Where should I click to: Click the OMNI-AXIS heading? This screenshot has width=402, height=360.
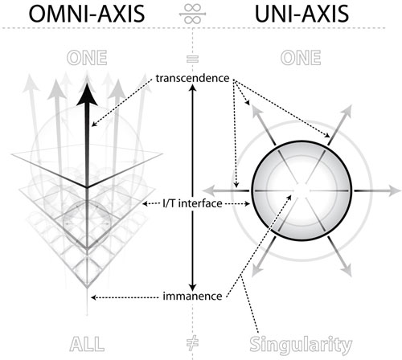click(x=87, y=14)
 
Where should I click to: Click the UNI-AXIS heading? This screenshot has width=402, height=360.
click(x=301, y=14)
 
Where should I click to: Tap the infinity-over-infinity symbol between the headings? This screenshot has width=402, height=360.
click(x=193, y=14)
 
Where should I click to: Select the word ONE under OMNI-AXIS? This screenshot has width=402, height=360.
click(x=87, y=58)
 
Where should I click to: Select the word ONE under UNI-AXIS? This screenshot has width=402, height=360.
click(x=301, y=58)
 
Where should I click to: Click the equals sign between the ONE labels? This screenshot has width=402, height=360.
click(x=192, y=59)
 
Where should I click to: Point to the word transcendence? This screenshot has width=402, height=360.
click(x=192, y=78)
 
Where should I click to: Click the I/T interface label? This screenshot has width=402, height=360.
click(x=192, y=203)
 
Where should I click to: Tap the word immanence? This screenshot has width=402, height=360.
click(x=192, y=297)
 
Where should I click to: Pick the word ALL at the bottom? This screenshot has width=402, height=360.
click(x=87, y=344)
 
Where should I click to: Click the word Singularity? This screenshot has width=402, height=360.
click(x=301, y=345)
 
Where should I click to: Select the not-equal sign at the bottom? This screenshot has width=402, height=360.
click(x=192, y=344)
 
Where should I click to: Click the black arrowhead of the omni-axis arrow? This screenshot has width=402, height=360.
click(x=87, y=95)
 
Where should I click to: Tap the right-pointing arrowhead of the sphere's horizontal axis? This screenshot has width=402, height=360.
click(x=395, y=190)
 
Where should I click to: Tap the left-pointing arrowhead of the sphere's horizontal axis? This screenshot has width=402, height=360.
click(x=209, y=190)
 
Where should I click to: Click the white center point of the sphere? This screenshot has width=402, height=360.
click(x=301, y=190)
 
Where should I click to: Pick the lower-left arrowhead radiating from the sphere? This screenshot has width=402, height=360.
click(x=256, y=270)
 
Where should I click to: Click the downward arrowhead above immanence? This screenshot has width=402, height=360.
click(x=192, y=286)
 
